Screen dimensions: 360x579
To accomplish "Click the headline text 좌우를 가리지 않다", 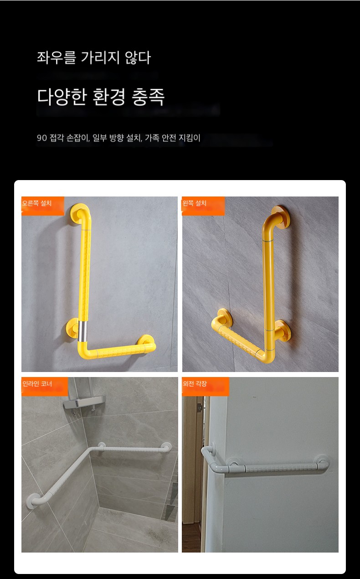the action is click(93, 57).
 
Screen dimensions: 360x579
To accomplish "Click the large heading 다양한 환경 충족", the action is click(101, 97).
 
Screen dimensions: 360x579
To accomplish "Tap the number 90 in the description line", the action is click(41, 138).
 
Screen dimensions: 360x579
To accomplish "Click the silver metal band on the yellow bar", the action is click(82, 331).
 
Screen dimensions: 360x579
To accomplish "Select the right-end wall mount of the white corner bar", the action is click(166, 447).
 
